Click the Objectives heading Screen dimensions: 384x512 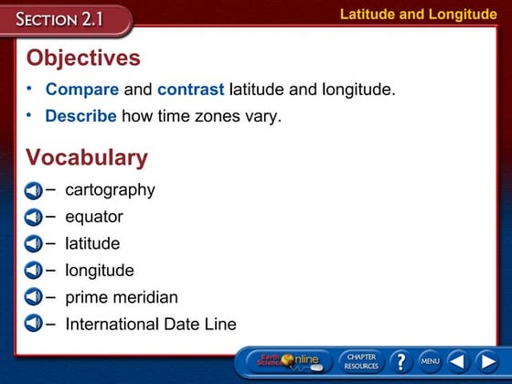point(83,59)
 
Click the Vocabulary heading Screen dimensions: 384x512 point(87,157)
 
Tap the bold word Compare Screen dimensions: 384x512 point(82,90)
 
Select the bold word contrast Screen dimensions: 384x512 point(190,90)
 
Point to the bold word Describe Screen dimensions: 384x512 point(80,116)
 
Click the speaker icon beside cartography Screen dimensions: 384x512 point(33,191)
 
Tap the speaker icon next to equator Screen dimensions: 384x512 point(33,218)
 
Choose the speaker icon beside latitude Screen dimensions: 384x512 point(33,244)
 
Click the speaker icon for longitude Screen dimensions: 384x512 point(33,271)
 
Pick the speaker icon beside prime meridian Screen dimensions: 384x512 point(33,297)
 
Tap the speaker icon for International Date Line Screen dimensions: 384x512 point(33,324)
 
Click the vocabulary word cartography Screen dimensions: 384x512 point(110,190)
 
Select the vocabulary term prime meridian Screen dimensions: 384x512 point(122,297)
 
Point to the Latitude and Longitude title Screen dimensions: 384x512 point(417,14)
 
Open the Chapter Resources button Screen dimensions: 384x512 point(360,361)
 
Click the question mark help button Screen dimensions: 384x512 point(400,361)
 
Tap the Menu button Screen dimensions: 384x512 point(430,362)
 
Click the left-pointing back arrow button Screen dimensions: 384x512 point(459,361)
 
